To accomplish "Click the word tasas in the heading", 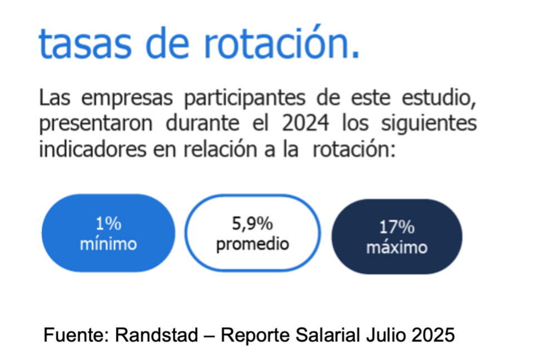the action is click(x=85, y=43).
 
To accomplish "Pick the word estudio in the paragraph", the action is click(x=439, y=98).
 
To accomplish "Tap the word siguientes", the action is click(x=429, y=124).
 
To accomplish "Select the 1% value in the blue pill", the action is click(x=108, y=224).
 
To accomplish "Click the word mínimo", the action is click(x=108, y=244).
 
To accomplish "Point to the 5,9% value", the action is click(x=253, y=224).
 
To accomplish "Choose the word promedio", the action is click(x=253, y=244).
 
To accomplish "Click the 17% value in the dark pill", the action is click(x=397, y=227).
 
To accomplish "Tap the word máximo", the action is click(x=397, y=247).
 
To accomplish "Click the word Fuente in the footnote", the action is click(x=76, y=335).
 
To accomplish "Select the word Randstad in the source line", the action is click(x=156, y=335).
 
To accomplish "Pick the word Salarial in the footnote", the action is click(x=327, y=335).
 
